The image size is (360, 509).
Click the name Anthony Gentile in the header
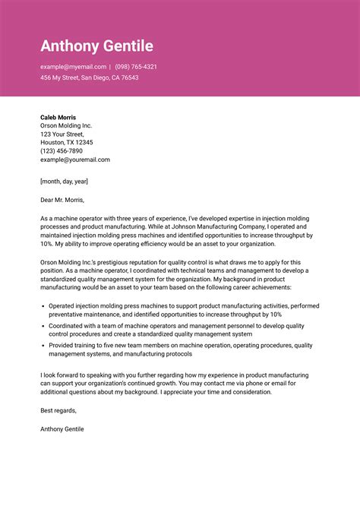(96, 46)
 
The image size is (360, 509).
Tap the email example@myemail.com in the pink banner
(73, 67)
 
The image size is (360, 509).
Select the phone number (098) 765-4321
(137, 67)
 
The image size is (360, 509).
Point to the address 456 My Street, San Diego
(90, 77)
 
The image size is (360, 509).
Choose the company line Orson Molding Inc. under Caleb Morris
(66, 125)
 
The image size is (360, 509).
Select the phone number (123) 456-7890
(62, 150)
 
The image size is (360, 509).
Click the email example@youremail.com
(75, 160)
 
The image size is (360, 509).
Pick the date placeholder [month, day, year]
(65, 181)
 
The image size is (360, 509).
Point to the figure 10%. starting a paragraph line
(47, 244)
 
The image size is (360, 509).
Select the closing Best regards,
(58, 410)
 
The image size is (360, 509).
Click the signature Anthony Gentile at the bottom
(62, 428)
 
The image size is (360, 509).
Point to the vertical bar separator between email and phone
(110, 67)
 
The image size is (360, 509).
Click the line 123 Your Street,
(62, 134)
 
